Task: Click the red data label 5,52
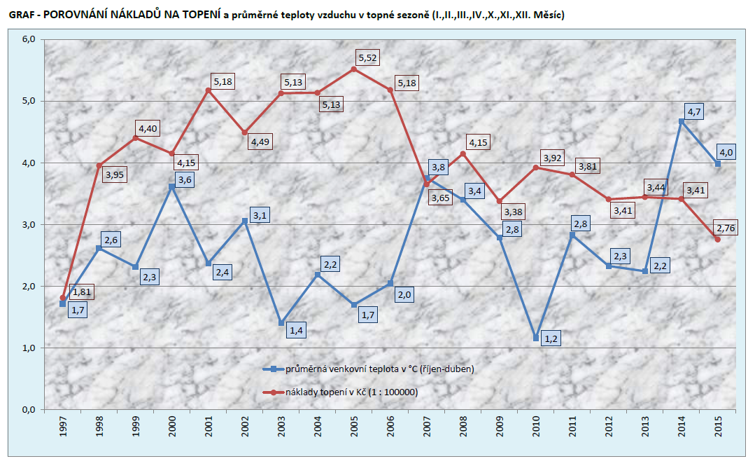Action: click(367, 57)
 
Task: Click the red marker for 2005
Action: click(353, 69)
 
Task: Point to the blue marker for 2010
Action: click(536, 338)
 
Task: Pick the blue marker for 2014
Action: click(681, 121)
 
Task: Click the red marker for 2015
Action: click(717, 240)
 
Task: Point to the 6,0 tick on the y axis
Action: click(29, 40)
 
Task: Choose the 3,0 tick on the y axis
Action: click(29, 225)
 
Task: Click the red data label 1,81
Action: click(82, 292)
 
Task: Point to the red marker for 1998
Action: click(99, 166)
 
